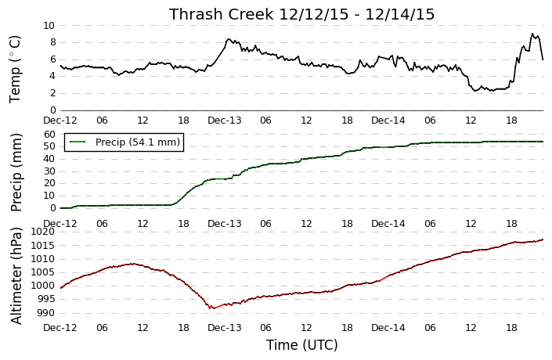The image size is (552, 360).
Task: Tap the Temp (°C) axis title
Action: pyautogui.click(x=15, y=70)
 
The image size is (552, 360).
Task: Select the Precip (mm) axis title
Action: pyautogui.click(x=16, y=172)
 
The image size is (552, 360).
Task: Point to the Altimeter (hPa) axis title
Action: pyautogui.click(x=16, y=275)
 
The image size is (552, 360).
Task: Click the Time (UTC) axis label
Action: pyautogui.click(x=301, y=345)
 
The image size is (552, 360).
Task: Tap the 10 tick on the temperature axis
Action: pyautogui.click(x=49, y=25)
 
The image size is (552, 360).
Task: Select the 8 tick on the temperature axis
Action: pyautogui.click(x=52, y=42)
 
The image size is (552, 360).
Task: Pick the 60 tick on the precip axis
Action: pyautogui.click(x=50, y=134)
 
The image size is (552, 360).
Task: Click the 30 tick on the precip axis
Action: pyautogui.click(x=50, y=171)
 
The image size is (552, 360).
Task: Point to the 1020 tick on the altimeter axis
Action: pyautogui.click(x=43, y=232)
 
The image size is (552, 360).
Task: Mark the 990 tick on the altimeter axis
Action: pyautogui.click(x=46, y=312)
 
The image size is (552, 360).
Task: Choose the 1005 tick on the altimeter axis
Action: pyautogui.click(x=43, y=272)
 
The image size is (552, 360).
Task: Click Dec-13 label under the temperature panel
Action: pyautogui.click(x=225, y=121)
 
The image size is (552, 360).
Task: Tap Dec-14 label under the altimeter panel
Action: pyautogui.click(x=388, y=328)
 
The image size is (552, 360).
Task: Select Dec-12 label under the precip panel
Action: pyautogui.click(x=60, y=224)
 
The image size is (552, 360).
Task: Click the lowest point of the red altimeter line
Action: pyautogui.click(x=214, y=308)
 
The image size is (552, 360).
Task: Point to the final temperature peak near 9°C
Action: pyautogui.click(x=532, y=34)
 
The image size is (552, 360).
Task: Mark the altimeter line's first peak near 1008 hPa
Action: pyautogui.click(x=132, y=264)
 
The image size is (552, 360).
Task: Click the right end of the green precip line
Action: pyautogui.click(x=543, y=142)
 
